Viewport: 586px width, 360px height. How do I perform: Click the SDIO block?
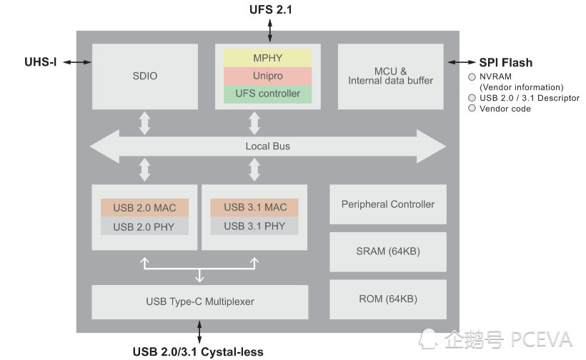coord(145,76)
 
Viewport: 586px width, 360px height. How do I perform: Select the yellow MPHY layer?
coord(267,57)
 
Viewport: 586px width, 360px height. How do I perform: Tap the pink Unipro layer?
coord(267,75)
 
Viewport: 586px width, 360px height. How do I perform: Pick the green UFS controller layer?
coord(267,93)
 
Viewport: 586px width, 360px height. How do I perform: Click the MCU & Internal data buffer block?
coord(390,76)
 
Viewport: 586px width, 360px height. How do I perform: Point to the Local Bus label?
coord(267,146)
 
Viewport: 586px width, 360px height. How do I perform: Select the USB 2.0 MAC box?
coord(144,207)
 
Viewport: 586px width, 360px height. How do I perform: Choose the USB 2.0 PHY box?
coord(144,226)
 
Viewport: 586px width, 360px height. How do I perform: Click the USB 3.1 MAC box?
coord(254,207)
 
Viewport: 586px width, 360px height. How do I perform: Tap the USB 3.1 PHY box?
coord(254,226)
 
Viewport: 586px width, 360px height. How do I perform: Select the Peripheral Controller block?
coord(387,204)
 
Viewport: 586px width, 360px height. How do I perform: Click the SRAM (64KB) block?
coord(387,251)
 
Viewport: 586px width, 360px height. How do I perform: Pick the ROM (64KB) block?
coord(387,299)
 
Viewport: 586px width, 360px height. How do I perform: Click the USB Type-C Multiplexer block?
coord(200,301)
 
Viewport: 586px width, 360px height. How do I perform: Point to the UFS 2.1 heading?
coord(270,9)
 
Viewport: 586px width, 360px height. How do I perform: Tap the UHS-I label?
coord(40,62)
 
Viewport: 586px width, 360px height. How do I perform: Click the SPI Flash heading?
coord(505,63)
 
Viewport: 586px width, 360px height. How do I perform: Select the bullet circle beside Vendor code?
coord(472,109)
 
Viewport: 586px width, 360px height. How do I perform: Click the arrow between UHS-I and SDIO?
coord(77,62)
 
